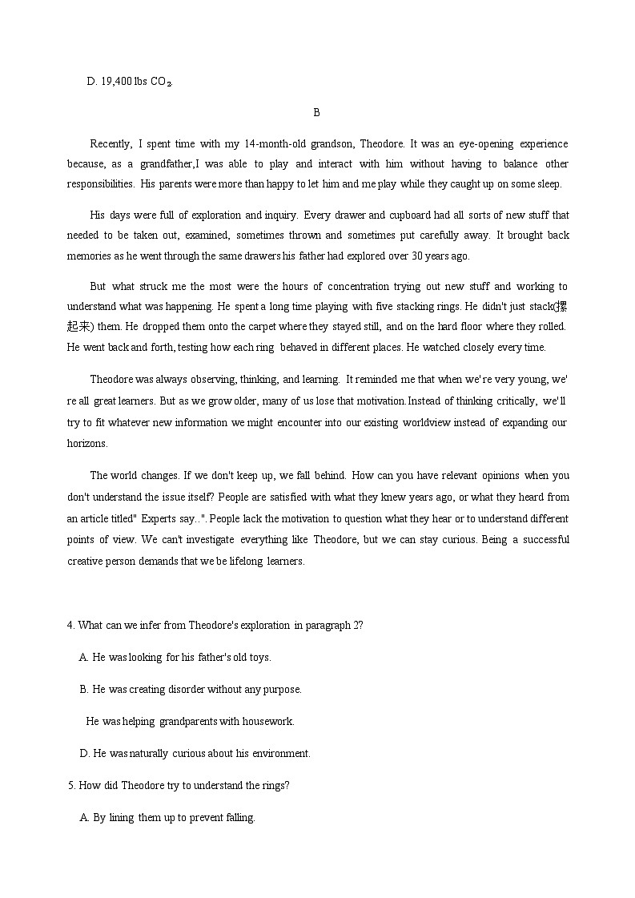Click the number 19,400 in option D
tap(116, 81)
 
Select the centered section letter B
tap(316, 113)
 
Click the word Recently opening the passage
tap(111, 143)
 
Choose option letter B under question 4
tap(83, 689)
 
